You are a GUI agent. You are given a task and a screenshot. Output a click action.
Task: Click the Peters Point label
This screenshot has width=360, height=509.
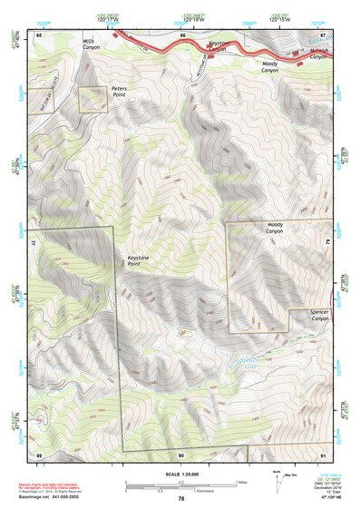[120, 91]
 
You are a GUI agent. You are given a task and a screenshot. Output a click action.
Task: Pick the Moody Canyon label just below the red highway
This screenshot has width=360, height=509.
[269, 66]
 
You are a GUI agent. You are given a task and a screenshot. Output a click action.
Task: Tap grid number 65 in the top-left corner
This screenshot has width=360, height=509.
[39, 34]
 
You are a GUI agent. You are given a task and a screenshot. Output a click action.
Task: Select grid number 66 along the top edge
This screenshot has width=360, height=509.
[182, 34]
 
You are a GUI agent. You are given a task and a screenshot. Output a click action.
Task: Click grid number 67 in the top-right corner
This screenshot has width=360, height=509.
[323, 34]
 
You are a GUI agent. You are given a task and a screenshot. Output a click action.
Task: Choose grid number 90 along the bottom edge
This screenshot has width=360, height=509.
[181, 454]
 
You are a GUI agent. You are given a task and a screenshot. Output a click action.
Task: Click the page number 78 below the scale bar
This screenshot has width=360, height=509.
[181, 498]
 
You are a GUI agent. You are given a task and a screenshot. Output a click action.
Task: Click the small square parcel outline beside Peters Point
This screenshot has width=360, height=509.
[92, 100]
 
